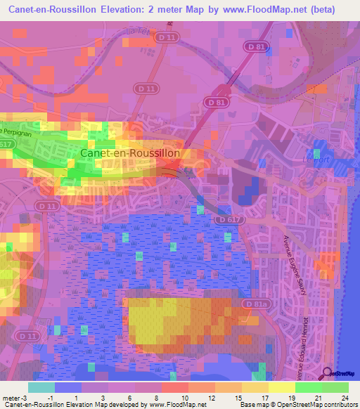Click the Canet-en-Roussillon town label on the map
click(131, 152)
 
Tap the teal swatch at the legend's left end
click(41, 387)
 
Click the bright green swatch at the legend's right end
click(335, 387)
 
